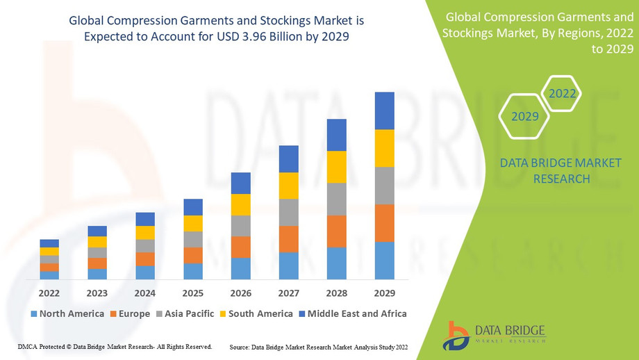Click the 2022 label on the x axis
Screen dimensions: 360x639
click(x=49, y=293)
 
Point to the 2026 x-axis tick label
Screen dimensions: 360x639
click(x=240, y=293)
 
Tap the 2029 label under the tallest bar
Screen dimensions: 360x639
click(x=384, y=293)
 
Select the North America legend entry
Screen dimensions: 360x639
click(x=67, y=313)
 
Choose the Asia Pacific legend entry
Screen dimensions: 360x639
click(x=185, y=313)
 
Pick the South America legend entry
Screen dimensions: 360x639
click(x=258, y=313)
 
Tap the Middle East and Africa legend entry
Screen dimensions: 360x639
click(x=353, y=313)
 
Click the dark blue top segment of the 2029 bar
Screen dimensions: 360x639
click(x=384, y=111)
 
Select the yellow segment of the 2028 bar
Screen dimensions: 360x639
click(x=337, y=167)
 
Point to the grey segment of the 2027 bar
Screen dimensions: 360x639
click(x=289, y=212)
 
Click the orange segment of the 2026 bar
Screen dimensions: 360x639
click(x=240, y=247)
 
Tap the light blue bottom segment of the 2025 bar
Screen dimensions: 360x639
click(x=193, y=271)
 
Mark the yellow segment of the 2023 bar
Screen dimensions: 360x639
click(x=97, y=242)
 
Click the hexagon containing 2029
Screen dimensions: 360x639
click(x=525, y=117)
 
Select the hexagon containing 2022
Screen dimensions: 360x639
click(x=561, y=93)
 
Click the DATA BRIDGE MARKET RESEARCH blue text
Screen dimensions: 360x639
click(x=561, y=171)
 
